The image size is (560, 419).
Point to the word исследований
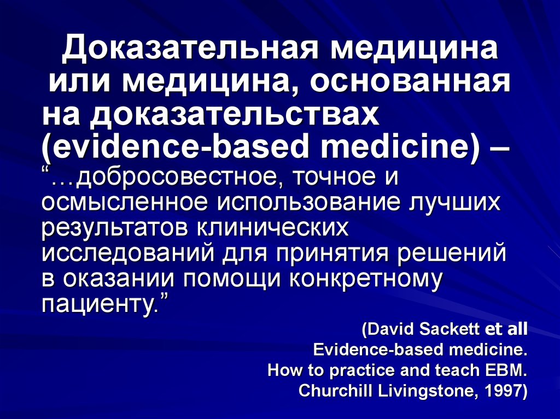[129, 252]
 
